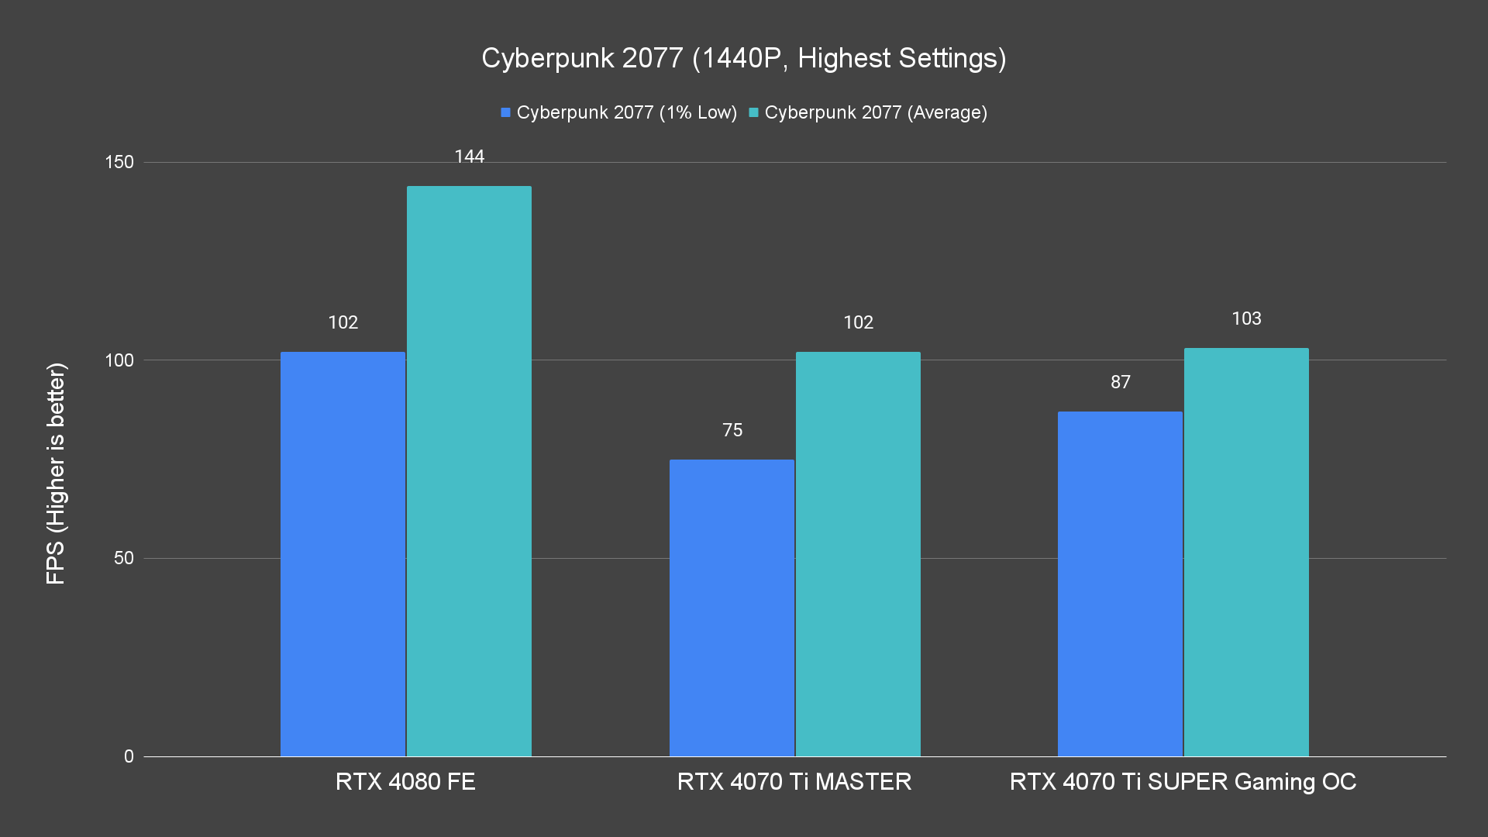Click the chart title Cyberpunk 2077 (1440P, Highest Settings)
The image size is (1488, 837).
point(743,58)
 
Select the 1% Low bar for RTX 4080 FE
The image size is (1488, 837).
point(343,554)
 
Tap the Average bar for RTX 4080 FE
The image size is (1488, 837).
point(469,471)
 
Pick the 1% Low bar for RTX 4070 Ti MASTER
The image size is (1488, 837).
point(732,608)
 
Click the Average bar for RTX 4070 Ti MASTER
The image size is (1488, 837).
point(858,554)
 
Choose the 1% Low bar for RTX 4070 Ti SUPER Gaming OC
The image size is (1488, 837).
point(1120,584)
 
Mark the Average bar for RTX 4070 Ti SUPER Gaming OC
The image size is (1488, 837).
point(1246,552)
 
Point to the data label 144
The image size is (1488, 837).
point(469,157)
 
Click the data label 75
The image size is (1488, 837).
point(732,430)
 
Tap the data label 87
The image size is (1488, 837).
point(1120,382)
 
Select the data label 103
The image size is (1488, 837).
point(1246,319)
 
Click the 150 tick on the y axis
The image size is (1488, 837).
point(119,162)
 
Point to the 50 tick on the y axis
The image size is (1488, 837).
point(124,558)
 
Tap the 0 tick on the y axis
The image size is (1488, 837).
point(129,756)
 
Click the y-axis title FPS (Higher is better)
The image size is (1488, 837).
point(56,473)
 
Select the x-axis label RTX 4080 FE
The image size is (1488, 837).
point(405,781)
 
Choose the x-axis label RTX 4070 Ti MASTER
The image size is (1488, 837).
point(794,781)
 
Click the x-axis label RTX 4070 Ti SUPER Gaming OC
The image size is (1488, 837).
point(1183,781)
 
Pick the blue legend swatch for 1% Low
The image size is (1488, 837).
point(505,112)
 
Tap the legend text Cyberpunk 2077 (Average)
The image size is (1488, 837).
point(876,112)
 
